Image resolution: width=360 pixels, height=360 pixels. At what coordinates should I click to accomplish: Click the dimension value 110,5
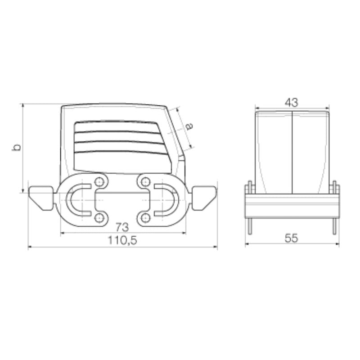pos(121,240)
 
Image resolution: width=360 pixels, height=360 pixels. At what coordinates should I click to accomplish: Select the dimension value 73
pos(122,226)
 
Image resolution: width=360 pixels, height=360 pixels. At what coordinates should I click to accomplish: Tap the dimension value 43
pos(291,102)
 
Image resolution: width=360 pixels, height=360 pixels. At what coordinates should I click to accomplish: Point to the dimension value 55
pos(292,238)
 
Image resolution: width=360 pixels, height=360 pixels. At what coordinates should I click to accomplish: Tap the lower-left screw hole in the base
pos(99,219)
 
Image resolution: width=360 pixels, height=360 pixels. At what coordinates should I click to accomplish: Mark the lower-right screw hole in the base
pos(144,219)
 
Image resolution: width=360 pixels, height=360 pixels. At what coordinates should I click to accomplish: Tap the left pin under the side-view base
pos(248,225)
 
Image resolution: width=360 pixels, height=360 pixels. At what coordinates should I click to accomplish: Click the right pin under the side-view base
pos(334,225)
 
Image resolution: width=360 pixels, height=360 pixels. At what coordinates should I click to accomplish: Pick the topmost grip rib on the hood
pos(119,126)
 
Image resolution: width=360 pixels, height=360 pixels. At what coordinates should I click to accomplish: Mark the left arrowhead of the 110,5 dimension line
pos(30,247)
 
